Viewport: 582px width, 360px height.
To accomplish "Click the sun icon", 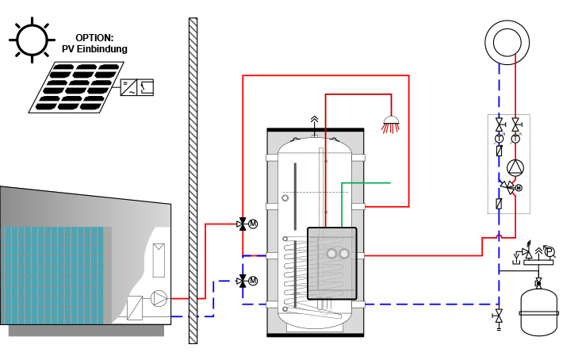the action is coord(32,40).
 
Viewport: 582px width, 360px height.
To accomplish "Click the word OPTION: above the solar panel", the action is coord(94,38).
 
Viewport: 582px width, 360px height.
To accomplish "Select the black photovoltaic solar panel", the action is coord(76,87).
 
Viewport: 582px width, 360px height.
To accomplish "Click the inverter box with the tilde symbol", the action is coord(128,87).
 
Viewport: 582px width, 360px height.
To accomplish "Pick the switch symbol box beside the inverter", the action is coord(145,87).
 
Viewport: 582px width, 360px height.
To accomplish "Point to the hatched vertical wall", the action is coord(193,181).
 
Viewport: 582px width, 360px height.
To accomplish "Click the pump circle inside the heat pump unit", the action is coord(159,298).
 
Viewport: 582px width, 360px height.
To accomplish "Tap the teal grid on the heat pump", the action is coord(52,275).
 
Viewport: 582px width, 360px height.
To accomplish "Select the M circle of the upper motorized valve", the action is coord(253,224).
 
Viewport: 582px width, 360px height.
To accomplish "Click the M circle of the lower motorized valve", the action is coord(253,281).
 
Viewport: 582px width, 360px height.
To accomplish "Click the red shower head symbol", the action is coord(391,124).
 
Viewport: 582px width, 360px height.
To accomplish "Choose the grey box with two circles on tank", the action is coord(332,263).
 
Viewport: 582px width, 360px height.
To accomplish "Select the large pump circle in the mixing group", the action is coord(515,168).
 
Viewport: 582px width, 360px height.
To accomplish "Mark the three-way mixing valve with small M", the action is coord(509,186).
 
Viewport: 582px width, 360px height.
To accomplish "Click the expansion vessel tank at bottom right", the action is coord(538,312).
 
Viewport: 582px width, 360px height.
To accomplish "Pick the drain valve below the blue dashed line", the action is coord(499,318).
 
